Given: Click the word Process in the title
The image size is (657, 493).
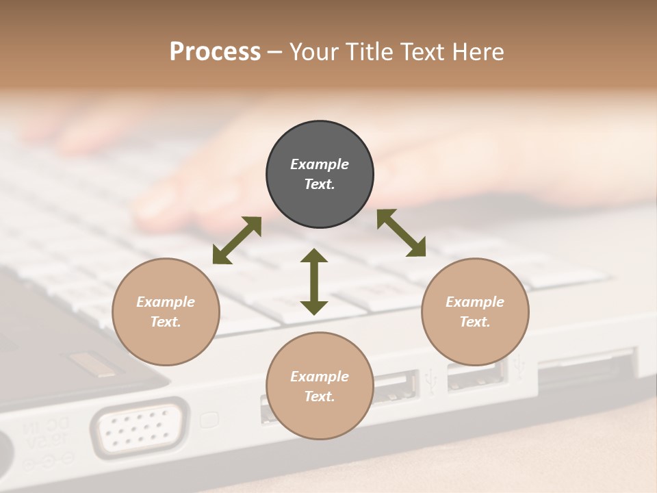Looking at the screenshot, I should (215, 52).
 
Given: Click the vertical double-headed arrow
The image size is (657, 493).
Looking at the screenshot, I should (314, 281).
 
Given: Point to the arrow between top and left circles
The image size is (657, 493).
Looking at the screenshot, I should (237, 240).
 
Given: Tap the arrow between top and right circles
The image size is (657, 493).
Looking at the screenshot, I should (401, 233).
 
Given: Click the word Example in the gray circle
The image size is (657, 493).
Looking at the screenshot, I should (320, 164).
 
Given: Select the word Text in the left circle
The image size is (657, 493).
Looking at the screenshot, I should (166, 322).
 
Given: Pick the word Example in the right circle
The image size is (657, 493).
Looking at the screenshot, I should (475, 302).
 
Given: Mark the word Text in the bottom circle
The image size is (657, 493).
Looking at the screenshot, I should (320, 396).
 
